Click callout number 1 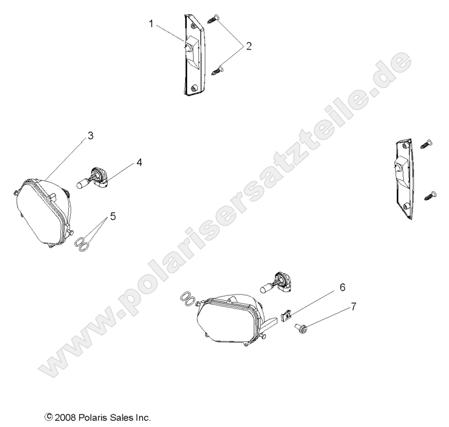[x=151, y=24]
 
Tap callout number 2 [x=249, y=46]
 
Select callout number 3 [x=91, y=135]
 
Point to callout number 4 [x=139, y=162]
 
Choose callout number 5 [x=113, y=216]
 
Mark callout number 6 [x=342, y=287]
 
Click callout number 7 [x=354, y=307]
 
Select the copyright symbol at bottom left [x=49, y=417]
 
